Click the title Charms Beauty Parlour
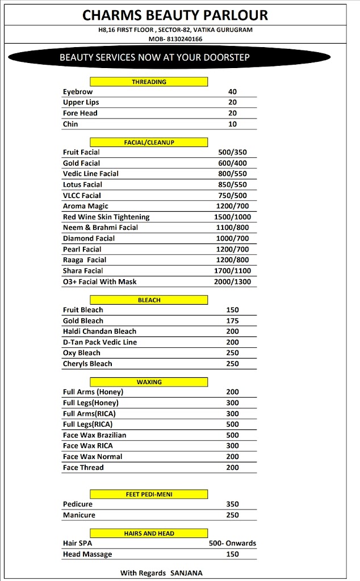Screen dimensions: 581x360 tap(175, 15)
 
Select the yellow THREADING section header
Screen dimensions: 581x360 tap(149, 82)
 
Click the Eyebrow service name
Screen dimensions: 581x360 tap(78, 91)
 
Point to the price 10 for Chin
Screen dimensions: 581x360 tap(232, 124)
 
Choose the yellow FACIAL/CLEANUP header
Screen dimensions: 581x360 tap(149, 142)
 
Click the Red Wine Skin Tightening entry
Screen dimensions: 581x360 tap(106, 217)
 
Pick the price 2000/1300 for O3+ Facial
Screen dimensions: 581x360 tap(232, 281)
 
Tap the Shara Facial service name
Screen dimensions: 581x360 tap(83, 271)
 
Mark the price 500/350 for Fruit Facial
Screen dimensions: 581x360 tap(232, 152)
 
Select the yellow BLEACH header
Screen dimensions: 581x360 tap(149, 300)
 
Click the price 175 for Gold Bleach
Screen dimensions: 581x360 tap(232, 321)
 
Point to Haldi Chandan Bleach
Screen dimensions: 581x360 tap(99, 331)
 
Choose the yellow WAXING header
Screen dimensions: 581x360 tap(149, 382)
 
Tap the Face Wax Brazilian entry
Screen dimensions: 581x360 tap(94, 435)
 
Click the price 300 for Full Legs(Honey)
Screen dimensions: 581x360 tap(232, 403)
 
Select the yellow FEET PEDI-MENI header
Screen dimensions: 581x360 tap(149, 494)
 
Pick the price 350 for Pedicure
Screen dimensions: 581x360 tap(232, 504)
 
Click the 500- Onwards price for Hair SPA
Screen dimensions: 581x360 tap(232, 543)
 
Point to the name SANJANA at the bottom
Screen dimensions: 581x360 tap(186, 573)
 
